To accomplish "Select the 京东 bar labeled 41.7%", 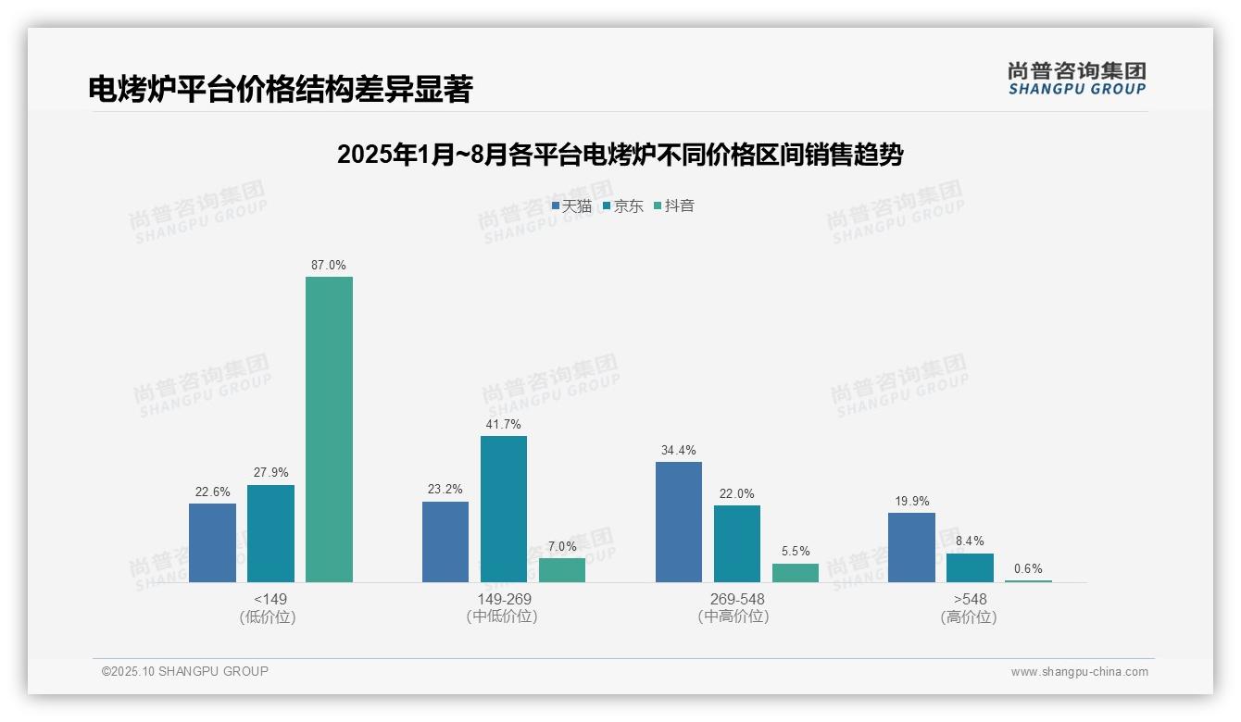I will tap(503, 508).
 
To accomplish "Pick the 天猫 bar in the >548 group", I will tap(911, 547).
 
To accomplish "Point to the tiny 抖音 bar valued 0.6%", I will tap(1028, 580).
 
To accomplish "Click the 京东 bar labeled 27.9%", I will tap(270, 533).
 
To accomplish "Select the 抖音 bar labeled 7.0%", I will tap(562, 569).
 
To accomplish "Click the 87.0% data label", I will tap(329, 266).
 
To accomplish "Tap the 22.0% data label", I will tap(736, 494).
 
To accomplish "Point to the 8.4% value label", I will tap(970, 541).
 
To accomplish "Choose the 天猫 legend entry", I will tap(571, 206).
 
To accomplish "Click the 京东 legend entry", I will tap(622, 206).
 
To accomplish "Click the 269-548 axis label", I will tap(736, 600).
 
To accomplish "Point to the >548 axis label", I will tap(970, 600).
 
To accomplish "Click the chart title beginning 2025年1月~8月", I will tap(620, 155).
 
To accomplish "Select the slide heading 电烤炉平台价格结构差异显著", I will tap(281, 89).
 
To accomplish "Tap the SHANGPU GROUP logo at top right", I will tap(1076, 79).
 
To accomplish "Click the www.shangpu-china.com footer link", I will tap(1079, 672).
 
